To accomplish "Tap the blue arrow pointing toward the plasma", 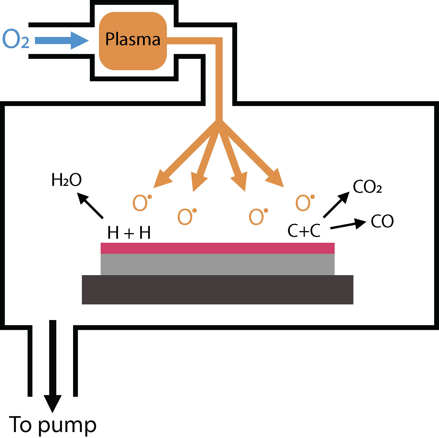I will click(x=61, y=40).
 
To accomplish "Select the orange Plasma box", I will click(x=133, y=41).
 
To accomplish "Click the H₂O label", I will click(x=67, y=180).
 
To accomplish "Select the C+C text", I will click(x=304, y=230).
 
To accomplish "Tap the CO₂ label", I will click(x=367, y=187).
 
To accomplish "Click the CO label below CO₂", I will click(x=382, y=221).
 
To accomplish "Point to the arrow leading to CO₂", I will click(x=336, y=205).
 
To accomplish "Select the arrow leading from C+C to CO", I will click(x=348, y=225).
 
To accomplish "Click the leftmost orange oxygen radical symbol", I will click(x=141, y=203).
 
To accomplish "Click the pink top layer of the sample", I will click(x=218, y=248).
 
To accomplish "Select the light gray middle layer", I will click(x=218, y=264).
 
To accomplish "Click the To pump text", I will click(x=53, y=425).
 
